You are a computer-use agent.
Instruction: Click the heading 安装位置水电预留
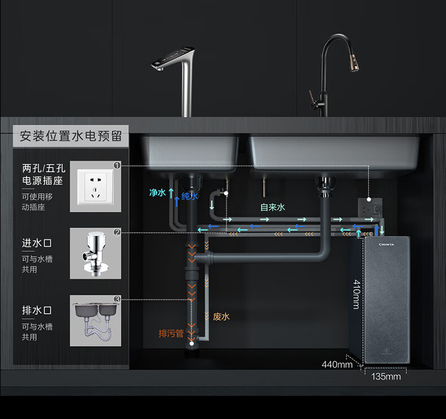click(71, 136)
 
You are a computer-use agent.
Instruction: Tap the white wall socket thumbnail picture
click(95, 186)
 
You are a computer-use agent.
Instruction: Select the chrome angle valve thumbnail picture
click(95, 254)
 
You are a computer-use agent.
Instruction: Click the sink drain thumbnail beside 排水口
click(95, 320)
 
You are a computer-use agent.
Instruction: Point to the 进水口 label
click(37, 243)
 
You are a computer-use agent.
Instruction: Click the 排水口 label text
click(37, 311)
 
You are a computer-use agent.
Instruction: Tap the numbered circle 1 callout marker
click(117, 165)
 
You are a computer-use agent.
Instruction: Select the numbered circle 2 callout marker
click(117, 232)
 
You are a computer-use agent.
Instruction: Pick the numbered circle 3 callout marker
click(117, 299)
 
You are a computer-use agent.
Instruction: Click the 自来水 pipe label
click(273, 207)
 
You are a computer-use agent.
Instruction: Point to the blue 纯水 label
click(190, 197)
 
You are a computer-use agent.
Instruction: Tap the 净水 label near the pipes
click(157, 193)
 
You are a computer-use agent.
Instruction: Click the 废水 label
click(221, 317)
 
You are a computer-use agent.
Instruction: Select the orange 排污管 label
click(171, 334)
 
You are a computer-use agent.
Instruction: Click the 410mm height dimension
click(356, 294)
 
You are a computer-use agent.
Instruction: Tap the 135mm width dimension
click(386, 376)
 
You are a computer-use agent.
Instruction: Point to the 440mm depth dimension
click(337, 364)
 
